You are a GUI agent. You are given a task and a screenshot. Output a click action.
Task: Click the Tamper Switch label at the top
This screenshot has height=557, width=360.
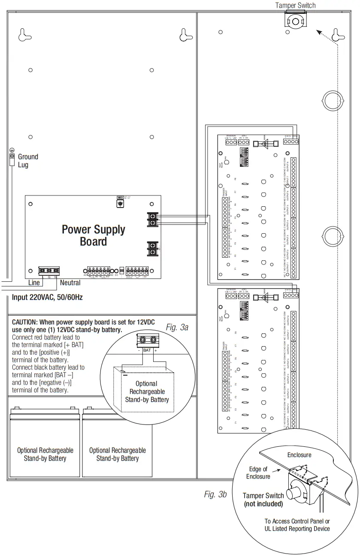pos(295,6)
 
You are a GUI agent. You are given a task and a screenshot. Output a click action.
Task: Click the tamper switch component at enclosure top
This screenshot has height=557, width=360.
pos(295,21)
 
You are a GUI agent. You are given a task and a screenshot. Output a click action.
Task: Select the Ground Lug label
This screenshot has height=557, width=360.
pos(28,161)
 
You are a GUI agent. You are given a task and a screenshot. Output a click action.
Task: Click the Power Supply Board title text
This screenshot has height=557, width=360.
pos(93,235)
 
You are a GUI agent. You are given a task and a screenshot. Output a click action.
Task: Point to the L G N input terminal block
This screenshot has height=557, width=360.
pos(49,271)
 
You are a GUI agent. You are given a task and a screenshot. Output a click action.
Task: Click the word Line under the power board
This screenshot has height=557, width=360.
pos(34,283)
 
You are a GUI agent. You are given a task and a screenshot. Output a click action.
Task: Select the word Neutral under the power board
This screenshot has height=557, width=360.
pos(70,283)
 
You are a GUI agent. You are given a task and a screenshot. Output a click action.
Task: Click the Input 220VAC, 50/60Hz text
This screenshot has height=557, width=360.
pos(47,297)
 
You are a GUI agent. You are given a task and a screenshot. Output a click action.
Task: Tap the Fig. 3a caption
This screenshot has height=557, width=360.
pos(177,328)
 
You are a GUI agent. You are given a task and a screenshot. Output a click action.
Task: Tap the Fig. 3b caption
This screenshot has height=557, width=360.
pos(215,494)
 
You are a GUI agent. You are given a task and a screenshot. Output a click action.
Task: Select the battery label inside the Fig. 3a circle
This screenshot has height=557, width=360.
pos(147,391)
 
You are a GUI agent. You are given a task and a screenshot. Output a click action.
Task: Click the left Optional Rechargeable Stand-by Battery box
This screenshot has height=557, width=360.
pos(45,454)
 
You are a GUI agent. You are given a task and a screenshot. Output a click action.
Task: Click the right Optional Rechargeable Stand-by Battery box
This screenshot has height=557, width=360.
pos(117,454)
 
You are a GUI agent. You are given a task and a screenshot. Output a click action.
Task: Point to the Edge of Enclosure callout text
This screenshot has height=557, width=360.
pos(258,473)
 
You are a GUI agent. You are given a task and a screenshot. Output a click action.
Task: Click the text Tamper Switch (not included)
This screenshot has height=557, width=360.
pos(263,500)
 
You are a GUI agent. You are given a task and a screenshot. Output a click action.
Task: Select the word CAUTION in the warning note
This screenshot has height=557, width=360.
pos(24,322)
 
